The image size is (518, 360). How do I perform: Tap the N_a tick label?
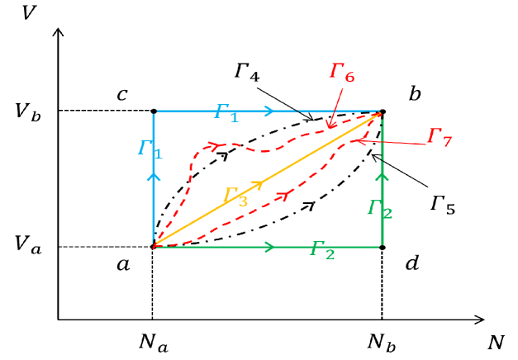(153, 341)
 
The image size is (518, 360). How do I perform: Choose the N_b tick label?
(382, 341)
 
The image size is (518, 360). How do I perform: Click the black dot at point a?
(154, 246)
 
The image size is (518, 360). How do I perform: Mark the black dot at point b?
(382, 111)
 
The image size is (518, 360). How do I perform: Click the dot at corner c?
(154, 111)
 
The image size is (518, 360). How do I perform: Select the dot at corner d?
(382, 246)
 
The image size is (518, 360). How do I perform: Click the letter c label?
(121, 95)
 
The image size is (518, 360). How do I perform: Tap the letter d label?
(412, 264)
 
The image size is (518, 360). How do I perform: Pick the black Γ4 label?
(247, 72)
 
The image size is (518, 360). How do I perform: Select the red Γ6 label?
(341, 72)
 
